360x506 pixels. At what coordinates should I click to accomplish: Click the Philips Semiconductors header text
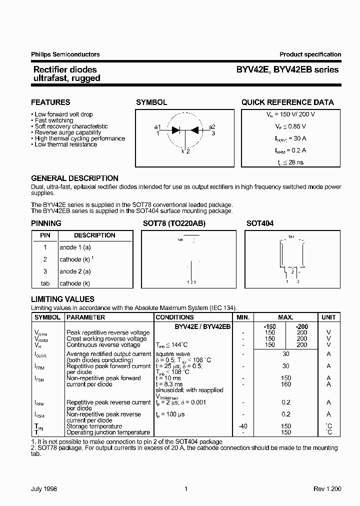65,54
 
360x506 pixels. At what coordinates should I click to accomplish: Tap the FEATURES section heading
50,102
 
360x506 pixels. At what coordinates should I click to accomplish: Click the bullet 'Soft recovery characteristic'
71,126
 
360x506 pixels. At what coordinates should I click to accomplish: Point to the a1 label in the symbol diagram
157,126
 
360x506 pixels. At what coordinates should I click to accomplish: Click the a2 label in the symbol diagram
212,126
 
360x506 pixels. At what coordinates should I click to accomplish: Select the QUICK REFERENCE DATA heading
287,102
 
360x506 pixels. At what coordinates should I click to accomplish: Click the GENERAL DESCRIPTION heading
74,178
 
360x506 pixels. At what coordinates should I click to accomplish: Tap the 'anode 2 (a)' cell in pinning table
75,271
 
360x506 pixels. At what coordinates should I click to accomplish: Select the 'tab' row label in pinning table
45,283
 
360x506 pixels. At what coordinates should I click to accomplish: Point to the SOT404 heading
260,223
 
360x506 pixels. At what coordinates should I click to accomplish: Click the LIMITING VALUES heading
62,299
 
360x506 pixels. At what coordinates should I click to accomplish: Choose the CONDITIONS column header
174,317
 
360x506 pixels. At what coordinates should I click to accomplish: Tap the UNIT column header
328,317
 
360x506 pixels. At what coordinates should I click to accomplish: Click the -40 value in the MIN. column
242,426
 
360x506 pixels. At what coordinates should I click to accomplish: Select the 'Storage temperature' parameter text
94,426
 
